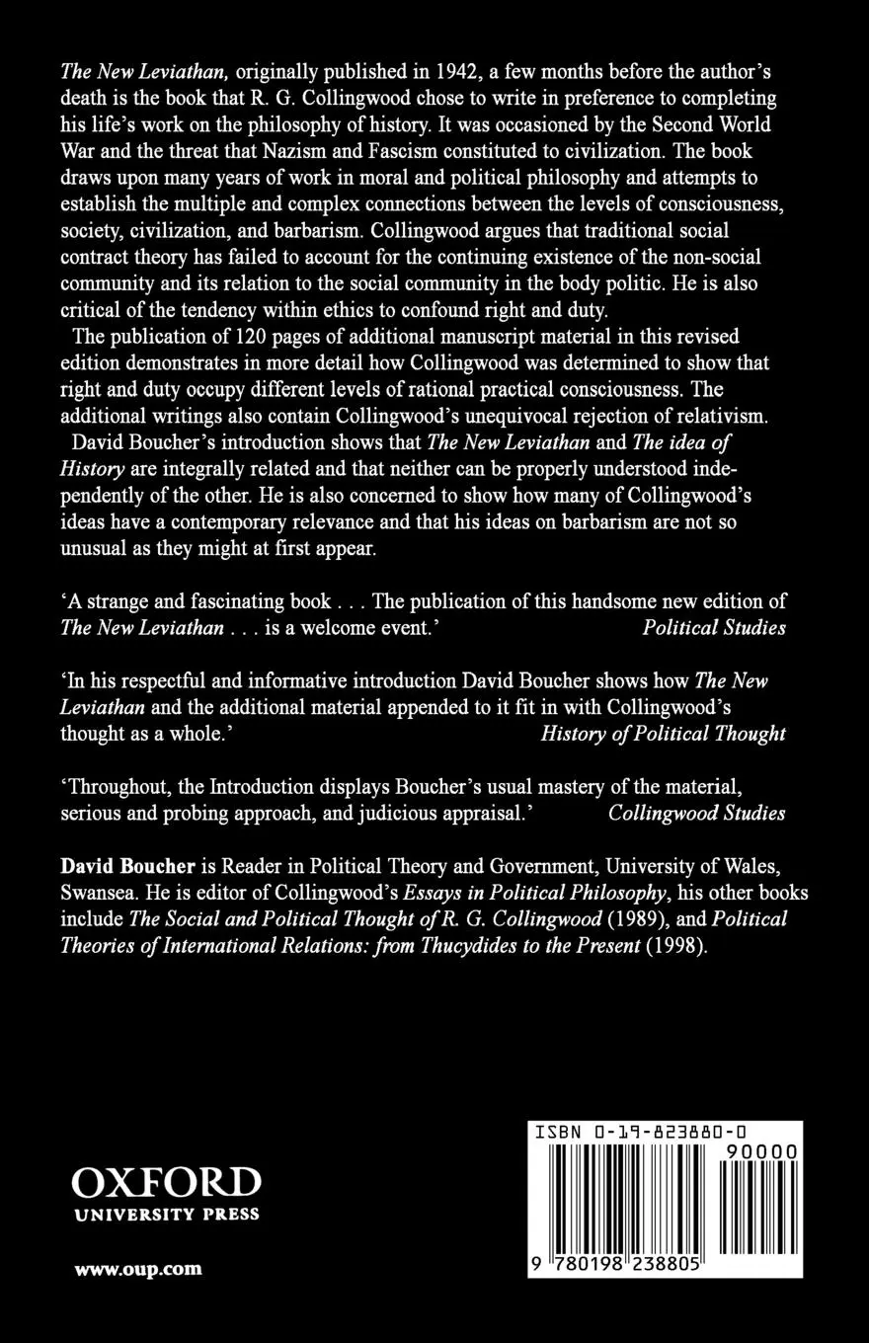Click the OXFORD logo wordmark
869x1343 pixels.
click(166, 1182)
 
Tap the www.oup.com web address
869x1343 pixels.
click(138, 1269)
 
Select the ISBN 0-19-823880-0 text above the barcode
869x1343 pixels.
click(640, 1135)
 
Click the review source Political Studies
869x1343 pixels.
click(714, 628)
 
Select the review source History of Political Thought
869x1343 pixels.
click(664, 734)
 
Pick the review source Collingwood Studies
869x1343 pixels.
click(697, 814)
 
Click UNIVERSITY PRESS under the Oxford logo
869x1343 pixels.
click(166, 1215)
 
